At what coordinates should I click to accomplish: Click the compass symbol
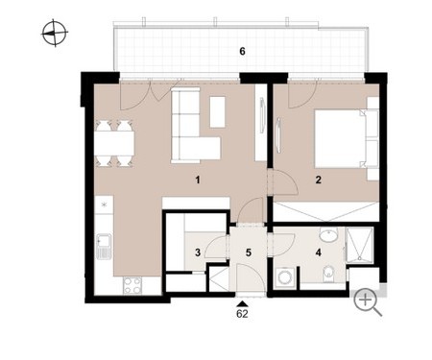[x=55, y=33]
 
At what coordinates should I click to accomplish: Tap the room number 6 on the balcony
[x=242, y=51]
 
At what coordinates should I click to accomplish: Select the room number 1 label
[x=198, y=180]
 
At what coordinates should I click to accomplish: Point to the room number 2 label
[x=318, y=180]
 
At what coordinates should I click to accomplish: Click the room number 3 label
[x=198, y=252]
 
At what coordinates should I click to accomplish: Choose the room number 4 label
[x=318, y=252]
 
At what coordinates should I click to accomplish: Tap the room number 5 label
[x=249, y=252]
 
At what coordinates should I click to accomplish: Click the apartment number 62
[x=242, y=314]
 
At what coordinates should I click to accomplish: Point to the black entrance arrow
[x=242, y=303]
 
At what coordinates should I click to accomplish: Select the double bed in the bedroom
[x=347, y=138]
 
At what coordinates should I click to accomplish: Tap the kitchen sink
[x=104, y=247]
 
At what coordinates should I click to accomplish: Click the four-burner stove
[x=132, y=285]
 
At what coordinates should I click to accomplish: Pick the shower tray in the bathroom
[x=360, y=245]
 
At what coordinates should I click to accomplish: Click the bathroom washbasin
[x=328, y=234]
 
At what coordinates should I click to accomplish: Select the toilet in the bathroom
[x=328, y=275]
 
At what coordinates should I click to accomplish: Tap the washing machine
[x=284, y=276]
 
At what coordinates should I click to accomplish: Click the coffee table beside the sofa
[x=217, y=112]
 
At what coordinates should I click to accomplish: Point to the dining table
[x=114, y=143]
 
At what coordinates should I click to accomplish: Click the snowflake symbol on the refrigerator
[x=104, y=204]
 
